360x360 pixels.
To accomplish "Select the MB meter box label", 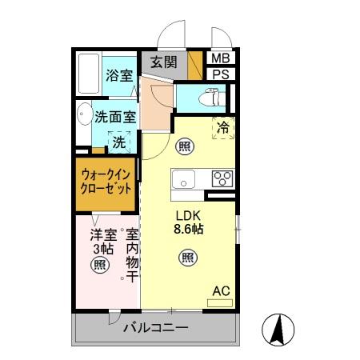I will (x=219, y=58).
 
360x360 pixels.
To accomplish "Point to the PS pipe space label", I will (x=219, y=74).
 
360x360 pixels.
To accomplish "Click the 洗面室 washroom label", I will (x=114, y=116).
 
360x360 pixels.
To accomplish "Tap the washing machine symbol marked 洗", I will (x=118, y=142).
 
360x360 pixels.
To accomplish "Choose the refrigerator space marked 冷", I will (x=223, y=127).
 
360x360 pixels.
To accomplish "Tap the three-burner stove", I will (x=221, y=178).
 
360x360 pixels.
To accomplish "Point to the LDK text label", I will (x=190, y=215).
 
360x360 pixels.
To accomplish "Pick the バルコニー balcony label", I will (x=155, y=328).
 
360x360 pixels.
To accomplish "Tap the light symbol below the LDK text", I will (x=186, y=257).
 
